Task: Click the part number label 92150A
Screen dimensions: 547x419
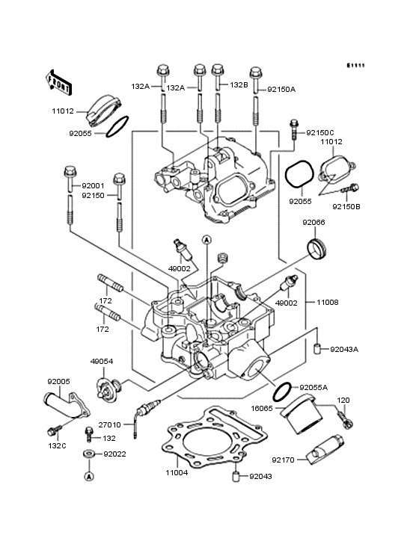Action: (x=283, y=89)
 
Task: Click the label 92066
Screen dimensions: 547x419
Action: (x=314, y=222)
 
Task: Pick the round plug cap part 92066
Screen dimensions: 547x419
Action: (x=319, y=247)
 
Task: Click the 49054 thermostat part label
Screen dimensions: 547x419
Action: (x=101, y=360)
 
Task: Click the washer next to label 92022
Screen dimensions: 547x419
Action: (x=88, y=454)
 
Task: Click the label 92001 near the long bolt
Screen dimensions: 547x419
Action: (x=93, y=185)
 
